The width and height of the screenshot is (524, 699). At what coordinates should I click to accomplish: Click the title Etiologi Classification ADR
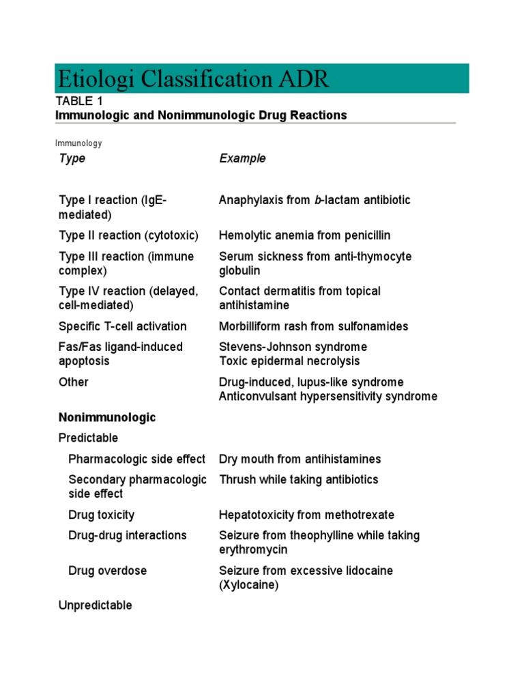click(x=192, y=79)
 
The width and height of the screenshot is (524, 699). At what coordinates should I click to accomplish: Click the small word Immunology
click(x=78, y=143)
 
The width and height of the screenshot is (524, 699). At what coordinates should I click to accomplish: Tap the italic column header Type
click(x=72, y=158)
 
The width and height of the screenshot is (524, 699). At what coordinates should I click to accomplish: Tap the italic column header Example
click(x=242, y=158)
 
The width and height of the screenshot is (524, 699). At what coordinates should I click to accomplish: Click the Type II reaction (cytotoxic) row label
click(x=128, y=236)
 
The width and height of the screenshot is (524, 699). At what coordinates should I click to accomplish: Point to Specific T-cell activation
click(x=122, y=326)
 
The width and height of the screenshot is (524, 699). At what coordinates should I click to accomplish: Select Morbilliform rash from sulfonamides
click(x=313, y=326)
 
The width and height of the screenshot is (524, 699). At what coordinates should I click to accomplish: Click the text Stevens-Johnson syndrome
click(x=293, y=347)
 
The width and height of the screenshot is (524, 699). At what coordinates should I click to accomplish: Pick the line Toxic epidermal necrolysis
click(x=289, y=361)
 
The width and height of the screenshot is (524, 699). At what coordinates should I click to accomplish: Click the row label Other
click(x=74, y=382)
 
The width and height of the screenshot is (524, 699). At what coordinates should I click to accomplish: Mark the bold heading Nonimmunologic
click(x=107, y=417)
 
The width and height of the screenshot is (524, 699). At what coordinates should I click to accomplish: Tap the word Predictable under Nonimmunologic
click(x=88, y=438)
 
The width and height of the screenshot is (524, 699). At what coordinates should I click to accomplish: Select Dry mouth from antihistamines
click(x=300, y=459)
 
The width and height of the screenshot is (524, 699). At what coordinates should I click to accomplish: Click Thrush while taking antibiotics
click(x=298, y=479)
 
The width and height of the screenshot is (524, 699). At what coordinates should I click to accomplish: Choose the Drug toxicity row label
click(x=101, y=515)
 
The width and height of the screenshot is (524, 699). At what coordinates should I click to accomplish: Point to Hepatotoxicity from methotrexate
click(x=306, y=515)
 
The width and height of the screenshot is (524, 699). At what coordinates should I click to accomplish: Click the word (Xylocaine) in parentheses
click(x=248, y=585)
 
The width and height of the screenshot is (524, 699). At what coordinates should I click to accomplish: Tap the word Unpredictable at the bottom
click(x=96, y=605)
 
